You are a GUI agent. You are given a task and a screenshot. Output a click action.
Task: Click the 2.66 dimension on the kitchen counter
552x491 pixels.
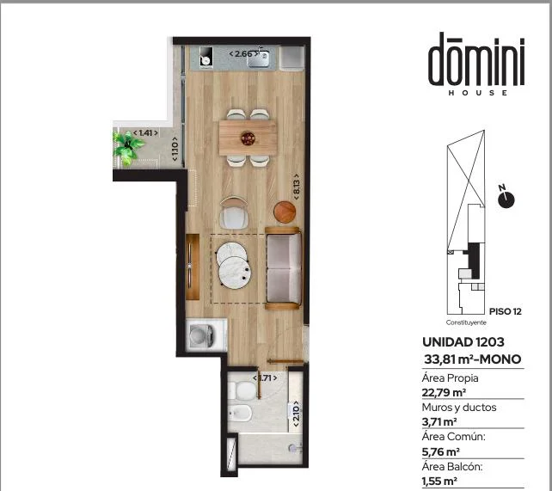(x=243, y=54)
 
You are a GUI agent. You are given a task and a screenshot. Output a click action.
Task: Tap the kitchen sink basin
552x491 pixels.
(x=258, y=59)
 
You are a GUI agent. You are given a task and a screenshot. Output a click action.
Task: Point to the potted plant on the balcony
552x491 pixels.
(x=127, y=148)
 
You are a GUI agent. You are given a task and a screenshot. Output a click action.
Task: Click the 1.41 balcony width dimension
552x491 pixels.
(x=145, y=133)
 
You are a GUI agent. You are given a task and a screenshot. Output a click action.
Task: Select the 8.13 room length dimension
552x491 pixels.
(x=296, y=187)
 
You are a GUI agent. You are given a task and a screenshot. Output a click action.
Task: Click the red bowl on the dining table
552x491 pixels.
(x=248, y=138)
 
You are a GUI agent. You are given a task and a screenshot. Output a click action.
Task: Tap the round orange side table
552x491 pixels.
(x=285, y=212)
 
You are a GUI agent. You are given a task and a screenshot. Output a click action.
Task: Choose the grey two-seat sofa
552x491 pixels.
(x=284, y=268)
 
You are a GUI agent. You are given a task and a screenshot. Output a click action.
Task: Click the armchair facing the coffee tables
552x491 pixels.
(x=234, y=213)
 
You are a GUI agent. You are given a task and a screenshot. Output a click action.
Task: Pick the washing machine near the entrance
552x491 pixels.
(x=206, y=334)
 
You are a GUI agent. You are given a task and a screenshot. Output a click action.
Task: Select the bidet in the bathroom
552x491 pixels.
(x=240, y=413)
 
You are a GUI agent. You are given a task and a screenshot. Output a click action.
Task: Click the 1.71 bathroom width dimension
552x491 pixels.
(x=265, y=378)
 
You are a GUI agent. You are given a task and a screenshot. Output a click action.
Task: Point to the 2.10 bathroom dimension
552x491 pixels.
(x=297, y=414)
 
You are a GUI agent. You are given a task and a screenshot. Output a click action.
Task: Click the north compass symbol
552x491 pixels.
(x=506, y=198)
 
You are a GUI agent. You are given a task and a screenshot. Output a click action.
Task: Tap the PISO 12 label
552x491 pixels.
(x=506, y=311)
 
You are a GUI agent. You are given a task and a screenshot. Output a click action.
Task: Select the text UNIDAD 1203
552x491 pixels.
(x=463, y=342)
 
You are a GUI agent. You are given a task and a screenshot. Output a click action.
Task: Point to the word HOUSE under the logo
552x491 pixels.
(x=478, y=93)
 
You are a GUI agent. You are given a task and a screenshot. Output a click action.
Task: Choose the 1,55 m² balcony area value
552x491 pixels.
(x=439, y=481)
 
